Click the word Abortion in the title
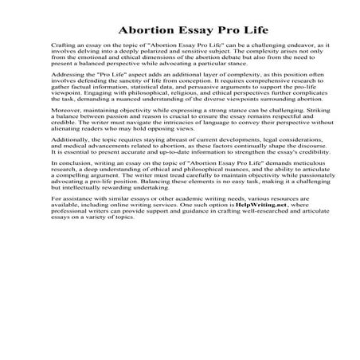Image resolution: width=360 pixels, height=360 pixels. coord(134,31)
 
